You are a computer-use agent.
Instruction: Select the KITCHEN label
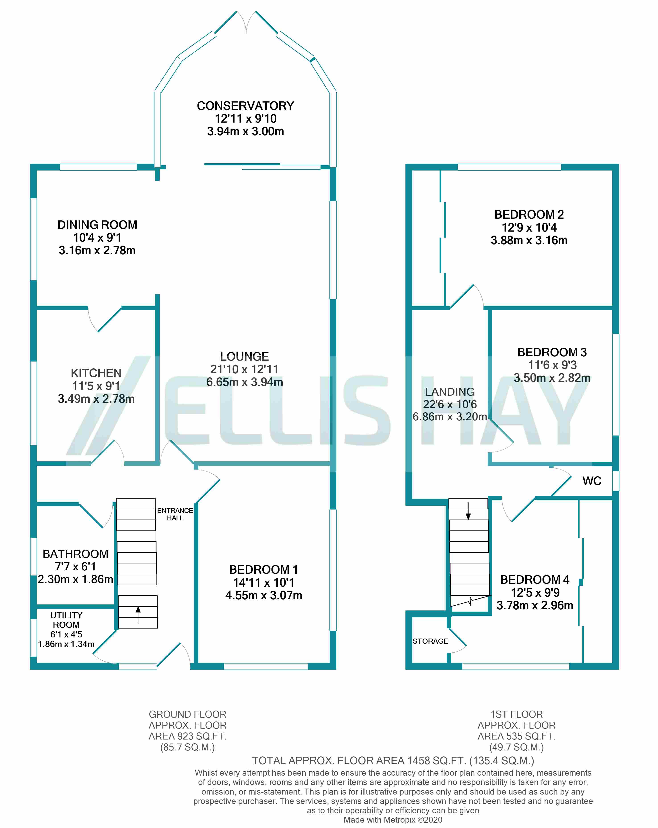point(96,373)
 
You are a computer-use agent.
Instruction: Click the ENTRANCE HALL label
point(175,514)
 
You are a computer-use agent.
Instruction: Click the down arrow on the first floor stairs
point(468,511)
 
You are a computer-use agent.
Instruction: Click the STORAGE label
point(430,641)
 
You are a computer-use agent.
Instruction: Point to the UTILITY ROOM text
point(66,620)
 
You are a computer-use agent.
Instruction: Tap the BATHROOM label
point(75,554)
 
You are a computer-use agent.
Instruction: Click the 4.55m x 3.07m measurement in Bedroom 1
point(263,595)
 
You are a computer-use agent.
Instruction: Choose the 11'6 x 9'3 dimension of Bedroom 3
point(552,365)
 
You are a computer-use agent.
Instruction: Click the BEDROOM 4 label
point(535,579)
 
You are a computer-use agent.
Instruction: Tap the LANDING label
point(450,392)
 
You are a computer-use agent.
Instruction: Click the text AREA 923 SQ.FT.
point(187,736)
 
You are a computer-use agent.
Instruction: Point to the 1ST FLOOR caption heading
point(516,714)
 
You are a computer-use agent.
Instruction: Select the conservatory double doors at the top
point(246,22)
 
